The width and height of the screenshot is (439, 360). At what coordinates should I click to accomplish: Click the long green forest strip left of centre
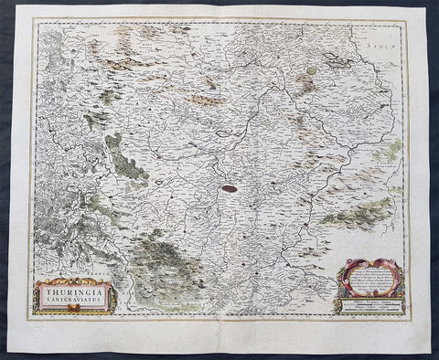coord(125,160)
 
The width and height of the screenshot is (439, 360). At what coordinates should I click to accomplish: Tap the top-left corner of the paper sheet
coord(15,12)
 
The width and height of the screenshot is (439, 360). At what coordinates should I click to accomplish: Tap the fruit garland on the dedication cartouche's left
coord(340,287)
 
